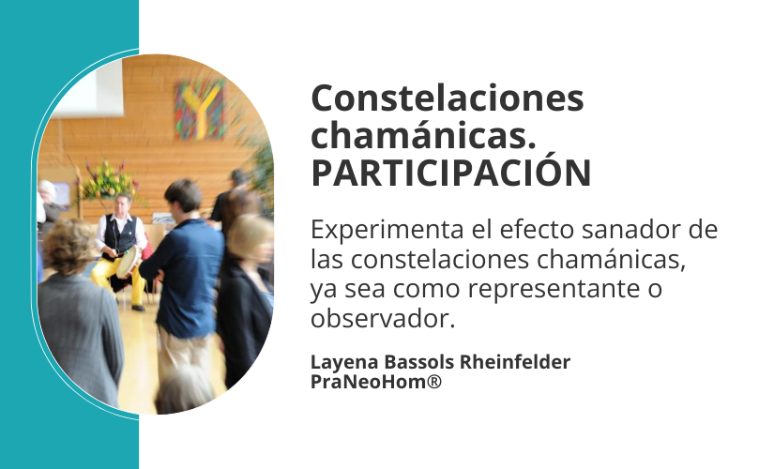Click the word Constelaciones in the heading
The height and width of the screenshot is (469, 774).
(448, 98)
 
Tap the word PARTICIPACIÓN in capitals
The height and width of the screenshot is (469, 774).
(450, 173)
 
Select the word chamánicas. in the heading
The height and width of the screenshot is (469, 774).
(423, 135)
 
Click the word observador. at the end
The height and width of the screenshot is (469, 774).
(383, 318)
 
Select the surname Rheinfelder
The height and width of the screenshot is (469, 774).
(515, 362)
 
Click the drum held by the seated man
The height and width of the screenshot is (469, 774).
(128, 261)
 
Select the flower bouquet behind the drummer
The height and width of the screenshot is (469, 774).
(108, 181)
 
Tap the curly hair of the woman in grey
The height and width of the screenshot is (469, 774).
(69, 247)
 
